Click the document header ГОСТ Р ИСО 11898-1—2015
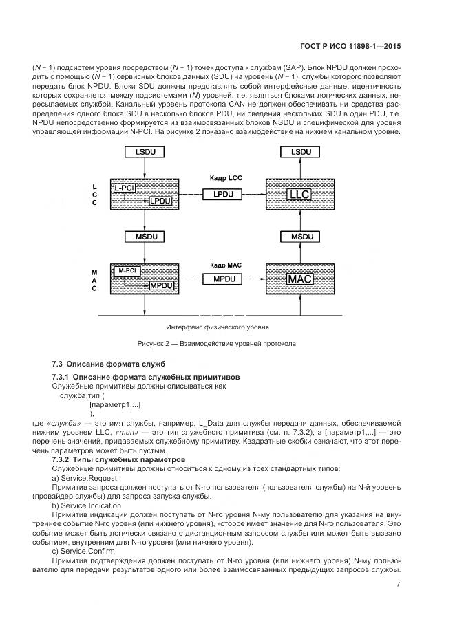tap(352, 47)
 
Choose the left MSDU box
tap(145, 237)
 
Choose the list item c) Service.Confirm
tap(84, 552)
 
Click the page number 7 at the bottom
tap(399, 585)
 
